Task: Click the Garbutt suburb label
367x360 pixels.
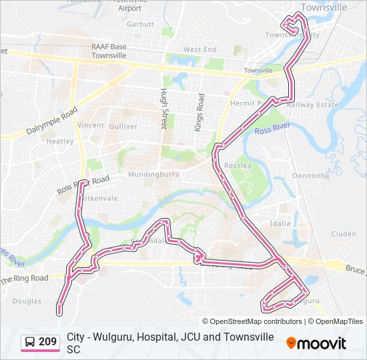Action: (141, 24)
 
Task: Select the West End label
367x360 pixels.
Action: (200, 49)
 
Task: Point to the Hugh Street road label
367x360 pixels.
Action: (163, 109)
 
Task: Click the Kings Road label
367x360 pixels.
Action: (199, 112)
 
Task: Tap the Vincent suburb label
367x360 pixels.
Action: (91, 125)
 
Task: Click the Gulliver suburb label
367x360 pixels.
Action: (123, 126)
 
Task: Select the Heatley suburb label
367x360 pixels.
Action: (60, 141)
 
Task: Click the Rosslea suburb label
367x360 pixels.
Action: (237, 164)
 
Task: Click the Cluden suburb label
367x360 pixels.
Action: (344, 234)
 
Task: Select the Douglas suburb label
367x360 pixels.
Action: (26, 301)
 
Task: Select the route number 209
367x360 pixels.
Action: (48, 342)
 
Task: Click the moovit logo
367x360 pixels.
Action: (316, 343)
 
